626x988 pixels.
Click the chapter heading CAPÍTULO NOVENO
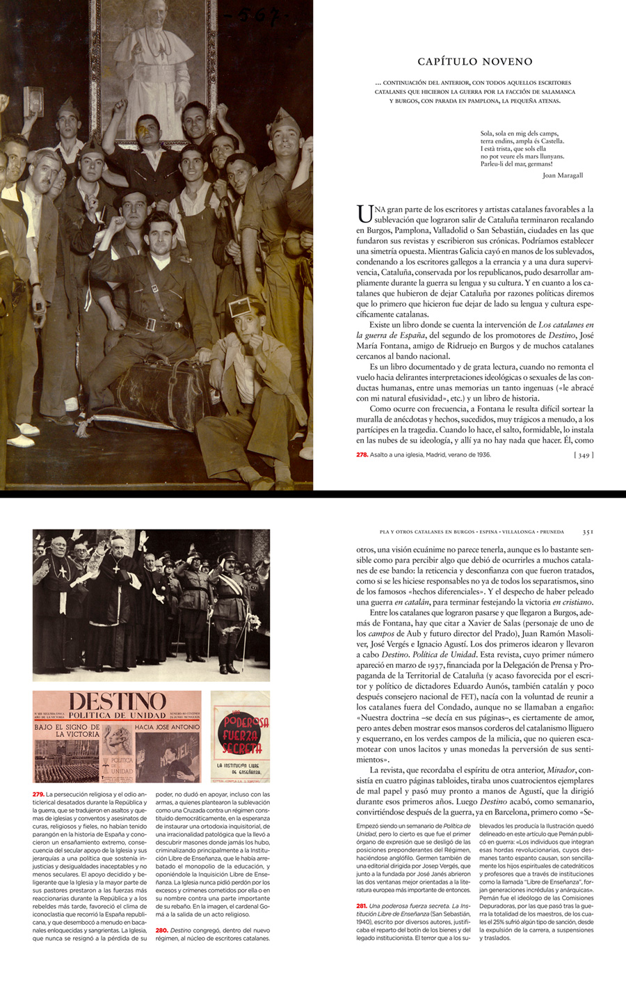475,62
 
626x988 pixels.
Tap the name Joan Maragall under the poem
562,175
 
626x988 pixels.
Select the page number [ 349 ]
584,455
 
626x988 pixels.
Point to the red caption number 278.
362,455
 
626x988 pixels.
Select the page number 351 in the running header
588,532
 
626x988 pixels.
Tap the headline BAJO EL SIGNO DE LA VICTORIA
67,730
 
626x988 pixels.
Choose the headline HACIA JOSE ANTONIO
167,726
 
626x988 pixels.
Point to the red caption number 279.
38,794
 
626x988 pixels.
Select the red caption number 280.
161,930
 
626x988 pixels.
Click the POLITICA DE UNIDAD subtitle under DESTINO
117,715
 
